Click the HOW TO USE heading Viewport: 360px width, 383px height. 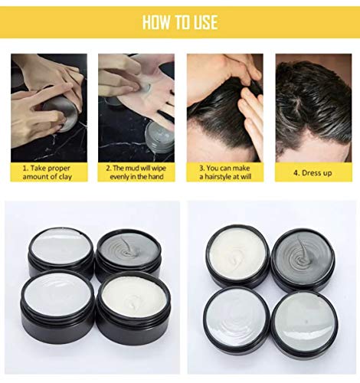(x=180, y=21)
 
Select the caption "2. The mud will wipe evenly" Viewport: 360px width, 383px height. (x=136, y=171)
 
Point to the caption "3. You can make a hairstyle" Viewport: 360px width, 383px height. (x=224, y=171)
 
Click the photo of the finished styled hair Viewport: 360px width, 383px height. (x=313, y=103)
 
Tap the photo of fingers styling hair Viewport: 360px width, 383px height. (x=224, y=103)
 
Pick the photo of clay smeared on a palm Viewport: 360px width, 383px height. (x=136, y=103)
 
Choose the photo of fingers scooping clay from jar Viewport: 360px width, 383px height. (x=49, y=103)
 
